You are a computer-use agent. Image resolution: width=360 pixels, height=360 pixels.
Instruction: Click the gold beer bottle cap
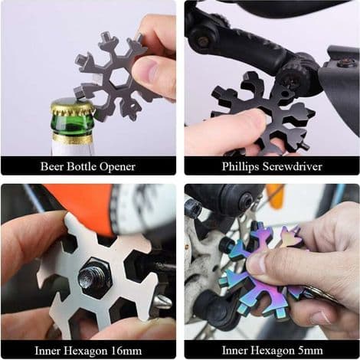pos(73,108)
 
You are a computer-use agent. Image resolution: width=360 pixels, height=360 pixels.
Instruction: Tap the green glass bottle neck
pos(72,126)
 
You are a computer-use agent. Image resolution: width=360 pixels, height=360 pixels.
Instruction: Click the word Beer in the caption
pos(52,166)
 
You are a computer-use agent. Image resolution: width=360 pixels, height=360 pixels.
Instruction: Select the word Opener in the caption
pos(117,167)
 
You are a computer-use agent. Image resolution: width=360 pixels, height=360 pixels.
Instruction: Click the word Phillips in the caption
pos(241,167)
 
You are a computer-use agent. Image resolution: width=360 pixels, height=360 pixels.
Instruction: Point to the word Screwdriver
pos(293,166)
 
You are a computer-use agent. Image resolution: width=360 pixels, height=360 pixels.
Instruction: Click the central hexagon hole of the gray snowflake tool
pos(119,77)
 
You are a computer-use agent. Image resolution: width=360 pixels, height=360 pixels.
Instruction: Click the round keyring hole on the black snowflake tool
pos(285,94)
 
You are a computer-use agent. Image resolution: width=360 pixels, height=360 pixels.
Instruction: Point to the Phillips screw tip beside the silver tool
pos(162,302)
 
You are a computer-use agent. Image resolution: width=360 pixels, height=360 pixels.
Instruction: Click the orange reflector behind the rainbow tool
pos(275,195)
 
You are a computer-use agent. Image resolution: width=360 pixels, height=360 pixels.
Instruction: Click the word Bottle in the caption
pos(81,166)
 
